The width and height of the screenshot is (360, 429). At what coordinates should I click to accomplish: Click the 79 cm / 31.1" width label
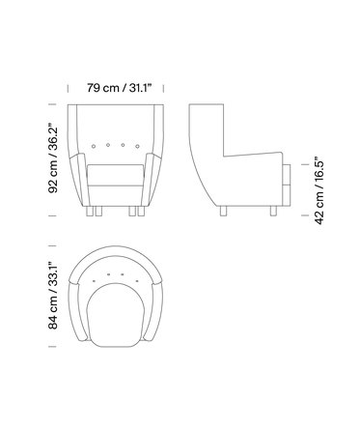(x=119, y=88)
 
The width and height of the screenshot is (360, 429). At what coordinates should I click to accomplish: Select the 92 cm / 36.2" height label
(x=53, y=158)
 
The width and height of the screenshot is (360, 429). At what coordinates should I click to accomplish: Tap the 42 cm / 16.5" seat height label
(x=319, y=190)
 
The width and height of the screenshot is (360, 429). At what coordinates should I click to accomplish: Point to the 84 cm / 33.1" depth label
(x=53, y=296)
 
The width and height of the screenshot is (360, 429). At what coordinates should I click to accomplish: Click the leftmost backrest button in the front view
(x=94, y=146)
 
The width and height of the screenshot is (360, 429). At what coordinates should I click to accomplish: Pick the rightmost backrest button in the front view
(x=137, y=146)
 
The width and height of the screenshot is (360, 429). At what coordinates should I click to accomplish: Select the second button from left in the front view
(x=108, y=145)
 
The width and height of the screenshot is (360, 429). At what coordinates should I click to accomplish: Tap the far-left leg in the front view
(x=89, y=211)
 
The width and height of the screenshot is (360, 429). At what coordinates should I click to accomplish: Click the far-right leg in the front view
(x=141, y=211)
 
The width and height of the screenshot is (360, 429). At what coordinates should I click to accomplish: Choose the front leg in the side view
(x=273, y=211)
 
